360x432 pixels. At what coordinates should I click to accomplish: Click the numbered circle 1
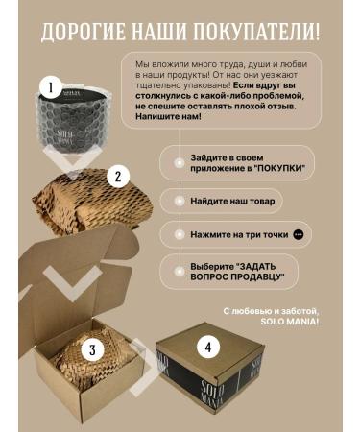(x=51, y=87)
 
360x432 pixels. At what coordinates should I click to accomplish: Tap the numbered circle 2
(x=118, y=176)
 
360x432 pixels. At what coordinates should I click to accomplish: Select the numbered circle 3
(x=92, y=349)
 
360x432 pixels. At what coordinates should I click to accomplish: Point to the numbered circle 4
(x=208, y=348)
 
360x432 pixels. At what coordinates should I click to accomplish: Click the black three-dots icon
(x=299, y=234)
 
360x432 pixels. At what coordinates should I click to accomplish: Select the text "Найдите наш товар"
(x=232, y=201)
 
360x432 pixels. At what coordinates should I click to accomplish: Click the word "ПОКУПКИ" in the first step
(x=280, y=168)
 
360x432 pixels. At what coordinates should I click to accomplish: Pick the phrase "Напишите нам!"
(x=169, y=116)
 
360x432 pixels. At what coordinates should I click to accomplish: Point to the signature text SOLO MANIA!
(x=290, y=322)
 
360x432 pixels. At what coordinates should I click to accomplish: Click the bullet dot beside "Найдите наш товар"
(x=178, y=201)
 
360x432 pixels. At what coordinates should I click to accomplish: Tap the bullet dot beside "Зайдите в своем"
(x=178, y=163)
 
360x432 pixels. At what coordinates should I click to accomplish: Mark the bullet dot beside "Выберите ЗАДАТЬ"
(x=178, y=272)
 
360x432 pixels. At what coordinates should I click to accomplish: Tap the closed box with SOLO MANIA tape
(x=209, y=368)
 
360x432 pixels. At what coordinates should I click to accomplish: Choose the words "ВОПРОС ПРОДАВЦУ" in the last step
(x=237, y=276)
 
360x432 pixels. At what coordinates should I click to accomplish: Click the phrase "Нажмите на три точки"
(x=239, y=234)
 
